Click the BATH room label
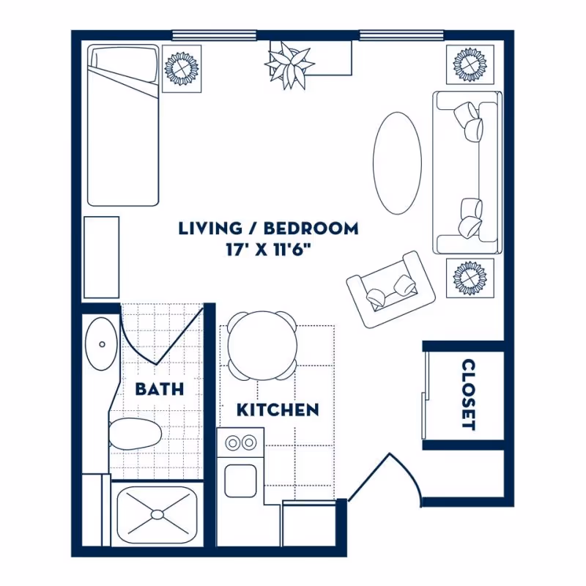click(x=160, y=389)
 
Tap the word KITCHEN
click(x=278, y=410)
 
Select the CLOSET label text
click(x=469, y=395)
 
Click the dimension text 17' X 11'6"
click(x=268, y=250)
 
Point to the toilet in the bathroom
click(x=135, y=434)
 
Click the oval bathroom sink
click(x=102, y=344)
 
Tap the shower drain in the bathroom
click(x=157, y=514)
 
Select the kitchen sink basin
click(x=241, y=481)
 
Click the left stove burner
click(x=233, y=443)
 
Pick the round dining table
click(x=262, y=346)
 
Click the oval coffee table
click(x=397, y=163)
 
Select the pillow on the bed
click(x=123, y=64)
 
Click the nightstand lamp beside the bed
click(x=182, y=68)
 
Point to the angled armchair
click(x=390, y=289)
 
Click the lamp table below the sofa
click(x=470, y=278)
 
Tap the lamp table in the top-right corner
click(x=470, y=64)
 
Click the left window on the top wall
click(x=214, y=35)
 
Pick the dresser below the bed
click(x=101, y=257)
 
